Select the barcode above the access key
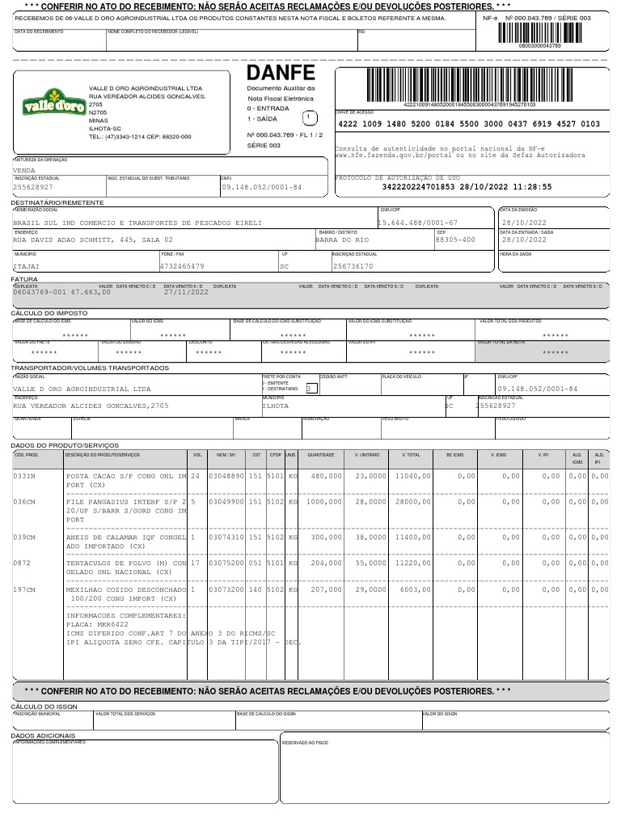click(x=469, y=83)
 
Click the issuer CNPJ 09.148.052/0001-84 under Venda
click(x=261, y=187)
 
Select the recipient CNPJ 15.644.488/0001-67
click(x=418, y=223)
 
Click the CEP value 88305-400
click(x=455, y=240)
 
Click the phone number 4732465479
click(x=182, y=266)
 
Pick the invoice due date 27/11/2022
click(x=186, y=292)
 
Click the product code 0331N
click(x=24, y=476)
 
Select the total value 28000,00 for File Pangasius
click(x=412, y=502)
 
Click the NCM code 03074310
click(x=226, y=538)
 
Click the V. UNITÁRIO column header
click(x=367, y=455)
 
